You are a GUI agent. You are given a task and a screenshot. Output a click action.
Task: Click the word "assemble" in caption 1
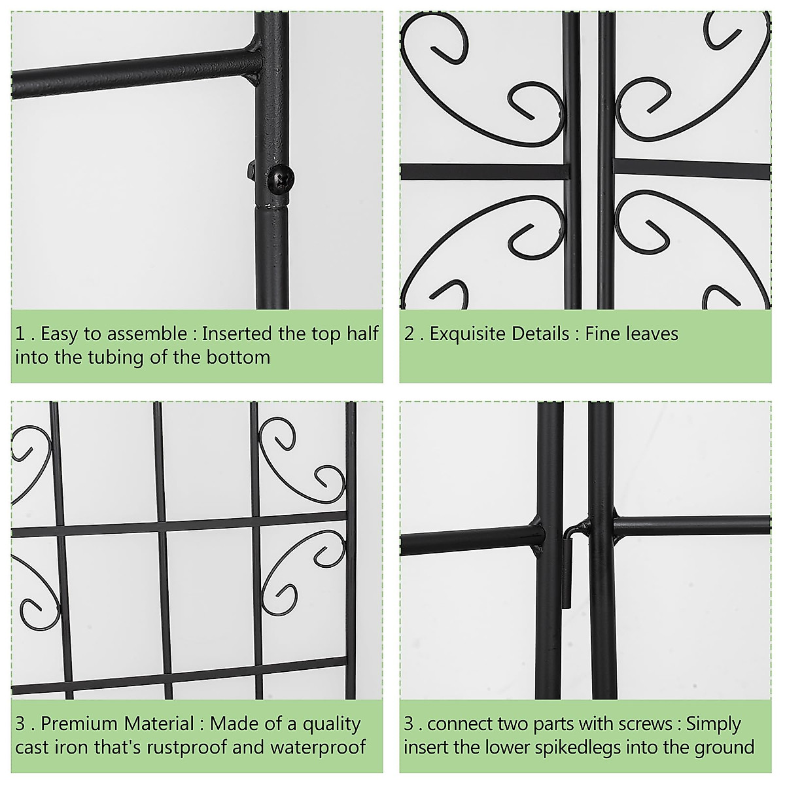pos(147,334)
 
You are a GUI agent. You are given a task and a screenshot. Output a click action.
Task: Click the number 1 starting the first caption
pos(20,334)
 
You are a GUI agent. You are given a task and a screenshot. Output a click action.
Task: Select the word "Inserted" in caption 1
pos(236,334)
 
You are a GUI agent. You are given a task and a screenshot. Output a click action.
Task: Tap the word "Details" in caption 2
pos(540,334)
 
